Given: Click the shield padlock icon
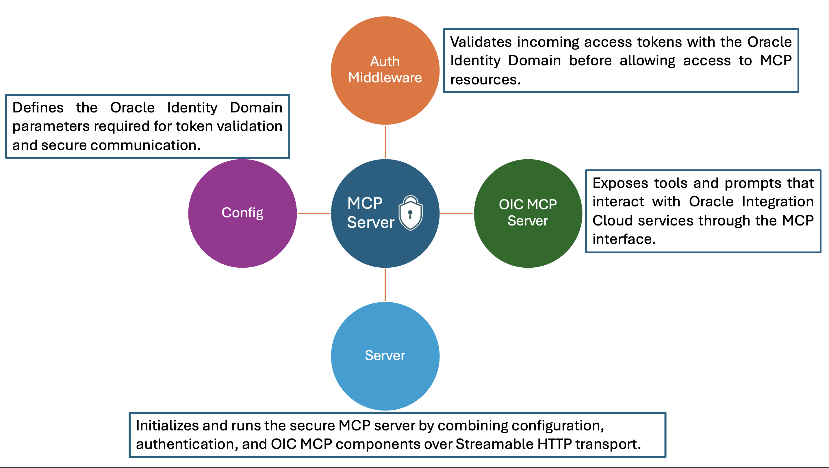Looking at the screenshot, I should coord(411,213).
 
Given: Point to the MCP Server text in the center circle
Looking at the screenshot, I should coord(370,213).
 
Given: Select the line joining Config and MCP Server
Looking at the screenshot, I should coord(314,213).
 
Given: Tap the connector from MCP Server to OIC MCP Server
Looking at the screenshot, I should coord(456,213).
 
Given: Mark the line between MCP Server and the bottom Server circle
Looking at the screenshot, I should coord(385,285).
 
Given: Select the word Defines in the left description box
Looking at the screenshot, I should coord(38,108).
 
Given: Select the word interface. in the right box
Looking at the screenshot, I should coord(624,239).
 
